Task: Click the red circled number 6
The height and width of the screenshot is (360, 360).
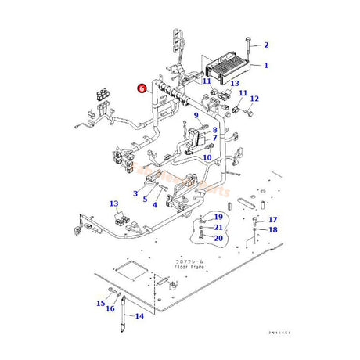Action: (142, 89)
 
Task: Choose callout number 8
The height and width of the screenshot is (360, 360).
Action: (214, 129)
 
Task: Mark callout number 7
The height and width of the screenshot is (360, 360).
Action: (214, 139)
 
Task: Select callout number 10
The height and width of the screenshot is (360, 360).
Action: (207, 157)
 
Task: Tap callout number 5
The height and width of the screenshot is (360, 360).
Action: (145, 199)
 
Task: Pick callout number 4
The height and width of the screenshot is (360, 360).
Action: (155, 204)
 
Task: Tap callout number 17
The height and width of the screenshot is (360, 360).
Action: (272, 219)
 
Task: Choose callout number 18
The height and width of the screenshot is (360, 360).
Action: (272, 229)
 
